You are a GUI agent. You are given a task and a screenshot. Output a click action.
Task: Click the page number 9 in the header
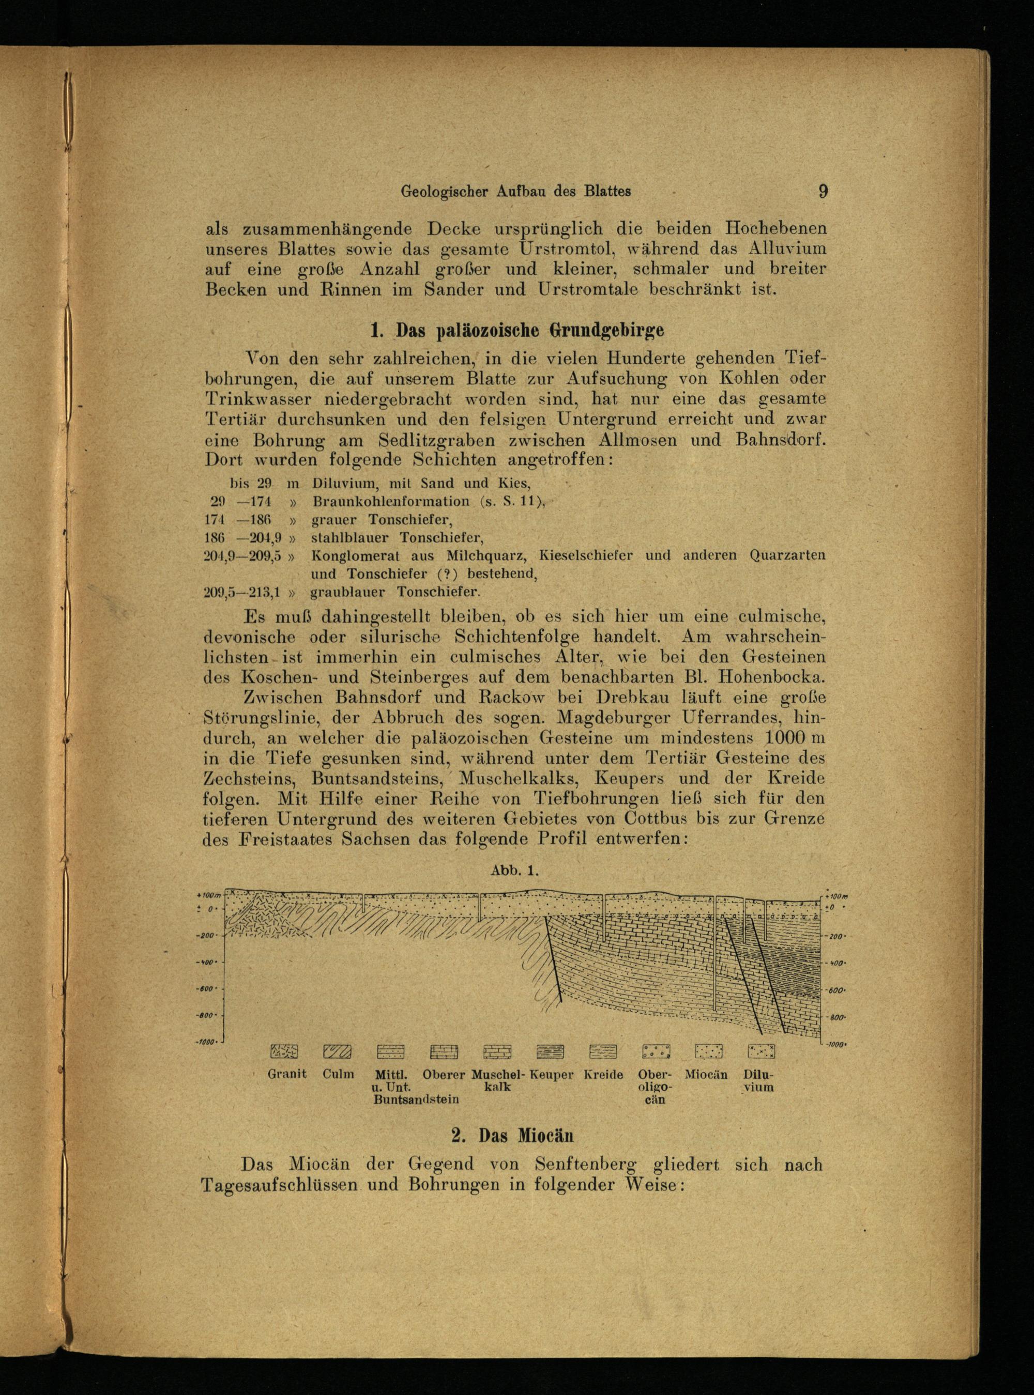823,191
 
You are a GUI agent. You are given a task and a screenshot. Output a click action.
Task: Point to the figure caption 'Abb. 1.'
515,870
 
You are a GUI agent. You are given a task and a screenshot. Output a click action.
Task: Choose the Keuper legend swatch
551,1051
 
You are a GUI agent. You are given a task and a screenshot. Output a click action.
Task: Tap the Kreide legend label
603,1075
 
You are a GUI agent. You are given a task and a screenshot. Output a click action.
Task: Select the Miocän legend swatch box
708,1051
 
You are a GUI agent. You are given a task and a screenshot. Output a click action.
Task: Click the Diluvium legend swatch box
761,1051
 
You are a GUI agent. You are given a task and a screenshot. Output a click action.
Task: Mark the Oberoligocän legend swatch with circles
657,1051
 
